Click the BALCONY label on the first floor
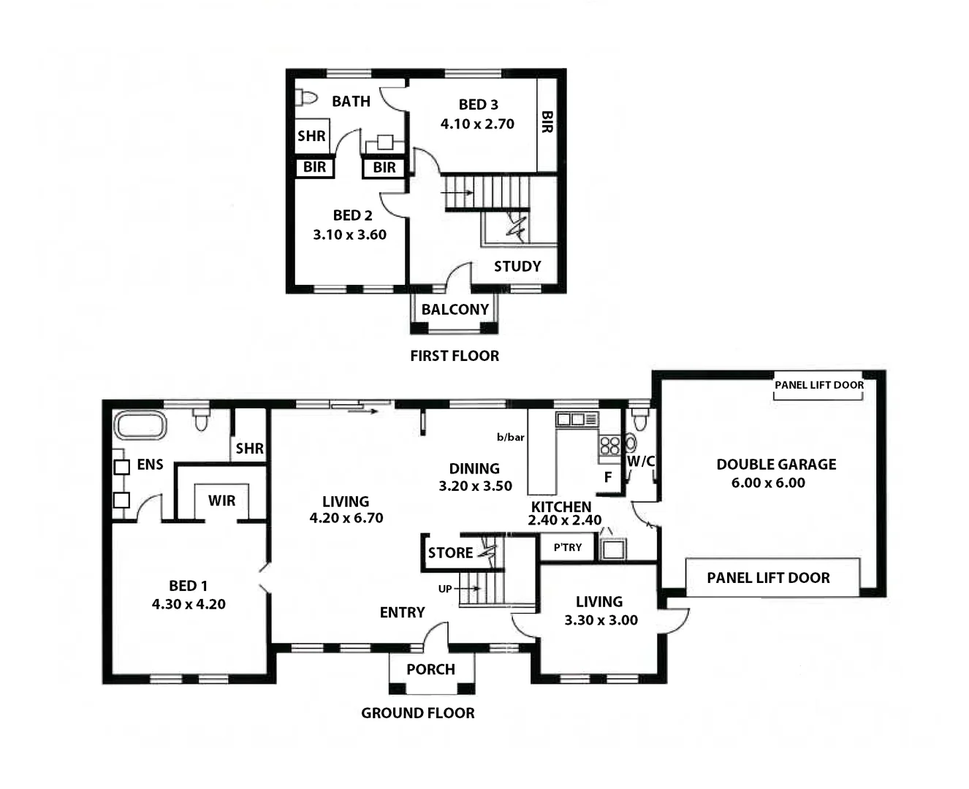click(x=455, y=310)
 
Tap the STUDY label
click(x=517, y=267)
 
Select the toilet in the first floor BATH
click(x=306, y=97)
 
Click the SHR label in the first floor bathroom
click(x=311, y=136)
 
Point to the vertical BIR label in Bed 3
click(x=547, y=122)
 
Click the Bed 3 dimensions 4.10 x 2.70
click(x=477, y=124)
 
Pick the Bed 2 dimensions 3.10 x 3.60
click(x=349, y=235)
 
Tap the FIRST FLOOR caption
click(x=455, y=356)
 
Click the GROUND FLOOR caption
click(x=417, y=713)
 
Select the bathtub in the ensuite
click(x=140, y=425)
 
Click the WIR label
click(x=221, y=501)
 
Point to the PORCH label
click(x=430, y=669)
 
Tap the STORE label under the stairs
click(x=450, y=553)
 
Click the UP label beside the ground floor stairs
click(x=445, y=589)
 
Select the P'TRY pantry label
click(x=568, y=547)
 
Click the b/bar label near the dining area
click(x=511, y=438)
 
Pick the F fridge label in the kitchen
click(x=607, y=478)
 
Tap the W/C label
click(x=640, y=462)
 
